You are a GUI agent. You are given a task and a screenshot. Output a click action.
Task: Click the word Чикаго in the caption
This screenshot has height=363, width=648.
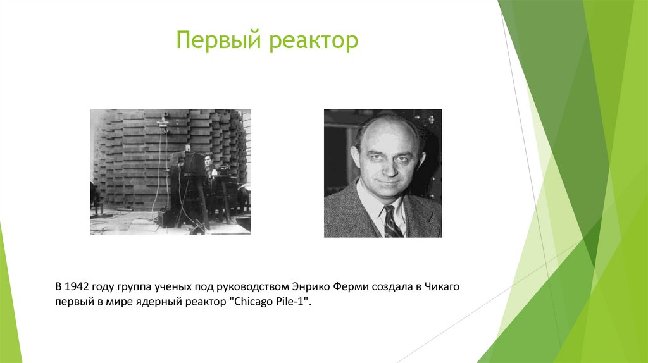coord(443,288)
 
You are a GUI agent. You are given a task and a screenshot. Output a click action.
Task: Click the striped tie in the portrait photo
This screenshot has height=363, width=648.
coord(390,222)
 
